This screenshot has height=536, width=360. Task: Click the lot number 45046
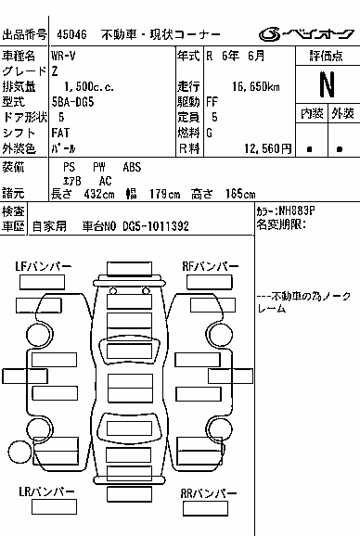pos(71,34)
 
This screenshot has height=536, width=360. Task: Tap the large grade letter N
pos(327,84)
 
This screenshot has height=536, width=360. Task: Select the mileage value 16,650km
pos(256,86)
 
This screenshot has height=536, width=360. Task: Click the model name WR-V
pos(63,56)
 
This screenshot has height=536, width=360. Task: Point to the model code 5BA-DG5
pos(72,102)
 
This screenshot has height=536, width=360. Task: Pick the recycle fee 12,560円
pos(268,148)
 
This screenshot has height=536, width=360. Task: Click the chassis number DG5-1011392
pos(156,226)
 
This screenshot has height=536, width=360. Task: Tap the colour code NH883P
pos(296,211)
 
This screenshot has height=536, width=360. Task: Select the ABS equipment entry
pos(132,167)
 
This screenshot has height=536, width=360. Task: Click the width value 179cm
pos(164,194)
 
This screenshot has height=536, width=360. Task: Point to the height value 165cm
pos(240,194)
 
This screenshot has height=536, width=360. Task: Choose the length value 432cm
pos(99,194)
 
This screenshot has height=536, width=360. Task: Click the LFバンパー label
pos(43,266)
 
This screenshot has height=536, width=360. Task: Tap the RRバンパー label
pos(208,493)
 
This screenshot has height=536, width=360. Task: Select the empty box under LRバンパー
pos(54,506)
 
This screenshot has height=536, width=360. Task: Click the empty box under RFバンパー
pos(210,282)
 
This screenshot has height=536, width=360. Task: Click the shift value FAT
pos(60,133)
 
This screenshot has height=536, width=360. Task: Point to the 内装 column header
pos(312,113)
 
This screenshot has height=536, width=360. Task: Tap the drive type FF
pos(212,102)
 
